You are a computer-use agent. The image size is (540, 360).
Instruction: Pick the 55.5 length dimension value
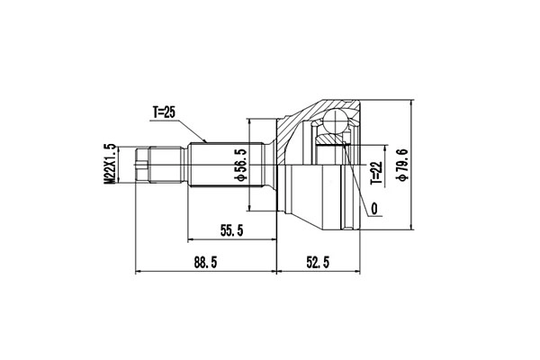(231, 230)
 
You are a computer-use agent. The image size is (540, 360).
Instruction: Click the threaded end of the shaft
(141, 166)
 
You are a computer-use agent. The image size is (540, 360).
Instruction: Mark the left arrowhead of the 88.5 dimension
(137, 270)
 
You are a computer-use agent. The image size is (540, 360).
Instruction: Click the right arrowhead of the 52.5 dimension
(356, 270)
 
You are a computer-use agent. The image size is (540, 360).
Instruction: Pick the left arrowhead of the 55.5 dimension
(190, 239)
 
